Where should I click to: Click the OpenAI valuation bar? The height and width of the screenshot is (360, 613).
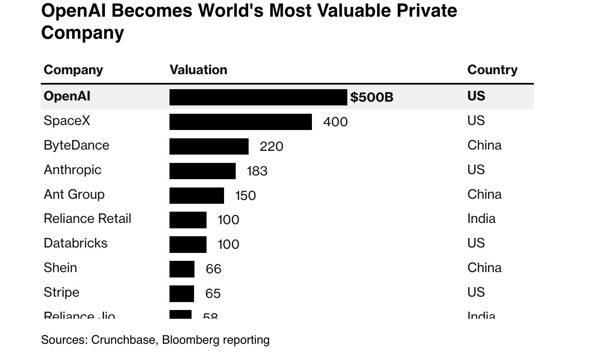pos(258,97)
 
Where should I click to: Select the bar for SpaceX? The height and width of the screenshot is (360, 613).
pos(240,122)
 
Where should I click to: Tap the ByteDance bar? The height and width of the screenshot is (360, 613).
pos(209,146)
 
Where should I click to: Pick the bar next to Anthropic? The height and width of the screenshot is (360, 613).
pos(202,171)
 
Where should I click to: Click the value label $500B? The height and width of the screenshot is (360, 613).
pos(371,97)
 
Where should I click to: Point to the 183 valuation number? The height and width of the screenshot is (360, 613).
pos(257,171)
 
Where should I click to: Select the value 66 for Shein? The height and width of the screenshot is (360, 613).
pos(213,269)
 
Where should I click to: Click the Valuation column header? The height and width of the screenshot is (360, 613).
pos(198,70)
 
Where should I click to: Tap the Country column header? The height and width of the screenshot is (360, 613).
pos(492,70)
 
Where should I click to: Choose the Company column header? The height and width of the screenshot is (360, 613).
pos(73,70)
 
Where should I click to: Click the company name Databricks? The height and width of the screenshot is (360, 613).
pos(75,243)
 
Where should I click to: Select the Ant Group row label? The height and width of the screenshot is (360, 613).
pos(74,194)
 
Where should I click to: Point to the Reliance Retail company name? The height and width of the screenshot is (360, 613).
pos(87,218)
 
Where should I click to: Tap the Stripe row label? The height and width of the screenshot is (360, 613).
pos(61,292)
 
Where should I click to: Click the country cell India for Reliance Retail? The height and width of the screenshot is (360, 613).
pos(481,218)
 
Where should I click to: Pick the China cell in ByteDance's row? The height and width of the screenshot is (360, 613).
pos(484,145)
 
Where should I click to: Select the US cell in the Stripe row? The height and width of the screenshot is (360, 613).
pos(476,292)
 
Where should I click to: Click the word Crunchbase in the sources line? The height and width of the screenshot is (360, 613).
pos(123,340)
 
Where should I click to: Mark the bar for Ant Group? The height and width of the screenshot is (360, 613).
pos(197,195)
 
